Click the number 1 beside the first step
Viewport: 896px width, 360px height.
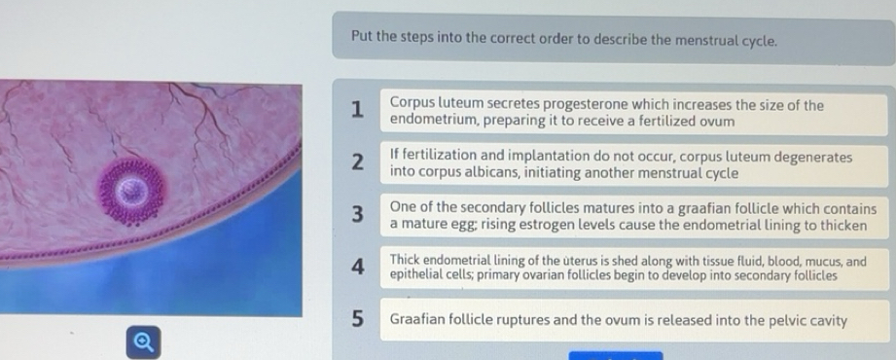[359, 110]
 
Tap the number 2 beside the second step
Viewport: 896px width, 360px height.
[359, 162]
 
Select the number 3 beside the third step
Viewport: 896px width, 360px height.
[359, 214]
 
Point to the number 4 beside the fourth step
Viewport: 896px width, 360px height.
[359, 267]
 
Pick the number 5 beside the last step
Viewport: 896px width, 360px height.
[359, 318]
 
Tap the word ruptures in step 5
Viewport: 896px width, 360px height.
[510, 319]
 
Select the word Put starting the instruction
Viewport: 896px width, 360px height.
[362, 40]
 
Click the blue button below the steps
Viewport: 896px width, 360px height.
[615, 355]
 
